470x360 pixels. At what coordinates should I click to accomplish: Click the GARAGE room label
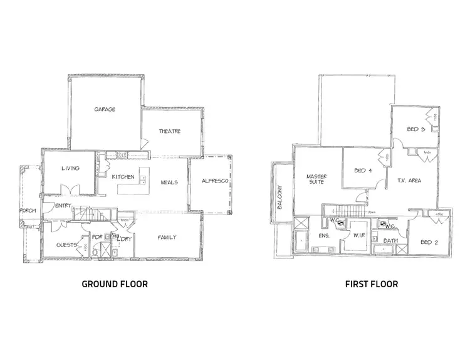point(105,109)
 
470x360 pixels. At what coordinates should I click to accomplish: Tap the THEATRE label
point(169,131)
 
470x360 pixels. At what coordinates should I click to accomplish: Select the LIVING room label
point(69,169)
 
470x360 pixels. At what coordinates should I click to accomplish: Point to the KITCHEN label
point(123,177)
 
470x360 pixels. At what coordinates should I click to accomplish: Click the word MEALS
point(169,182)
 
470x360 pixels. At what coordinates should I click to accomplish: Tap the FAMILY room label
point(166,237)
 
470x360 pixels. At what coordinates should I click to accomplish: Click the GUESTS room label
point(66,245)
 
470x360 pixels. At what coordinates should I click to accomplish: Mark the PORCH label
point(28,211)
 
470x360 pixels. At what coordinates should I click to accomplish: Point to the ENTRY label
point(63,206)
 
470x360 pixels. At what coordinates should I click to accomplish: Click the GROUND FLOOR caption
point(115,284)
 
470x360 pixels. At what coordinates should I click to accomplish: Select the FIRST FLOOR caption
point(372,284)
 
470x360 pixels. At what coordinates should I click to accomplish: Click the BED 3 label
point(416,130)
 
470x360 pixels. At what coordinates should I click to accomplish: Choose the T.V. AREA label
point(409,181)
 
